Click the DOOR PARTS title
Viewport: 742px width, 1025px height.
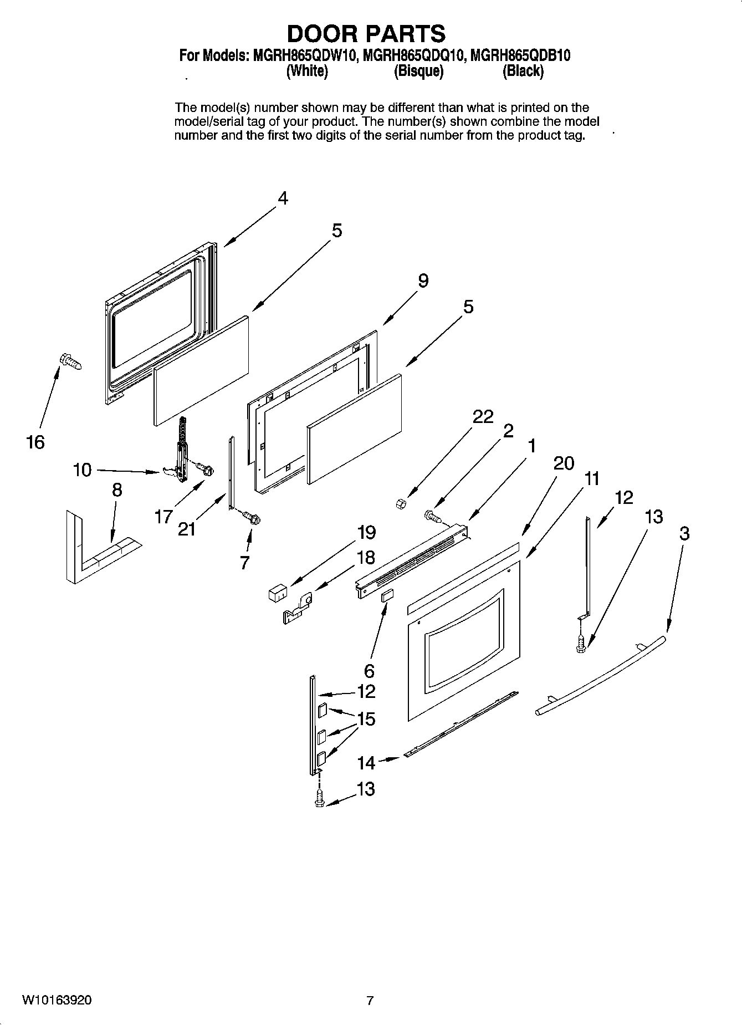tap(366, 34)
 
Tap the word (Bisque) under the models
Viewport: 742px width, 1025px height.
tap(418, 72)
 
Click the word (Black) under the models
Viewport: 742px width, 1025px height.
tap(523, 72)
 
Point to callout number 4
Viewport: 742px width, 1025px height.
tap(283, 198)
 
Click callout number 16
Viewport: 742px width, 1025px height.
tap(35, 442)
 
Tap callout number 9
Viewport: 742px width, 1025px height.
tap(423, 281)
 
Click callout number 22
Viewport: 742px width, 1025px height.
tap(483, 416)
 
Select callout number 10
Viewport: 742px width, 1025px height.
tap(82, 470)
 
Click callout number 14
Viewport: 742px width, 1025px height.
tap(366, 763)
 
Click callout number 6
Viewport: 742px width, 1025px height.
tap(369, 671)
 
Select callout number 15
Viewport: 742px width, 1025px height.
tap(366, 719)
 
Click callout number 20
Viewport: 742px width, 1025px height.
tap(564, 463)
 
